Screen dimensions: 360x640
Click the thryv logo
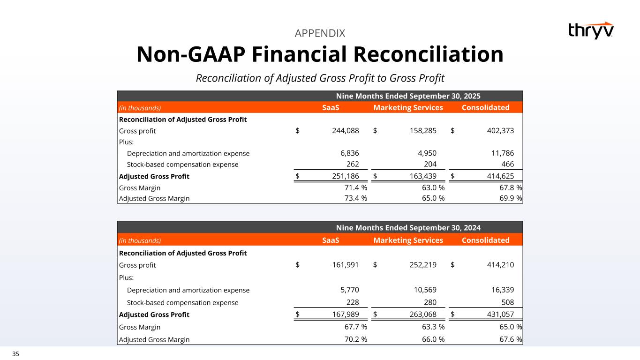pyautogui.click(x=590, y=30)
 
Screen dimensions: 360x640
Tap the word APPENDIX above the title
pyautogui.click(x=320, y=33)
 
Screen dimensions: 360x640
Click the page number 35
pyautogui.click(x=16, y=354)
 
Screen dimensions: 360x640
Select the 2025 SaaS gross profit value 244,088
pyautogui.click(x=342, y=131)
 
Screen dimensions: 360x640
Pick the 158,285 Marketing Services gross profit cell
pyautogui.click(x=420, y=131)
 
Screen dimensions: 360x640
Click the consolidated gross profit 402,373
pyautogui.click(x=497, y=131)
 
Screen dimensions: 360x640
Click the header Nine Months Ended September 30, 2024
pyautogui.click(x=408, y=228)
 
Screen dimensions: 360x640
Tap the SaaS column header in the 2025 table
pyautogui.click(x=331, y=108)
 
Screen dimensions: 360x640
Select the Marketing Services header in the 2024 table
pyautogui.click(x=408, y=240)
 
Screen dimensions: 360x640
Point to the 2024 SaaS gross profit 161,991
pyautogui.click(x=342, y=265)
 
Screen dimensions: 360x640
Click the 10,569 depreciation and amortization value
pyautogui.click(x=423, y=290)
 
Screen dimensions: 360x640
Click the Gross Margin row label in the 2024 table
pyautogui.click(x=140, y=327)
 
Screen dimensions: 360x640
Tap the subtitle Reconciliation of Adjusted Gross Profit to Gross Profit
pyautogui.click(x=320, y=78)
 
